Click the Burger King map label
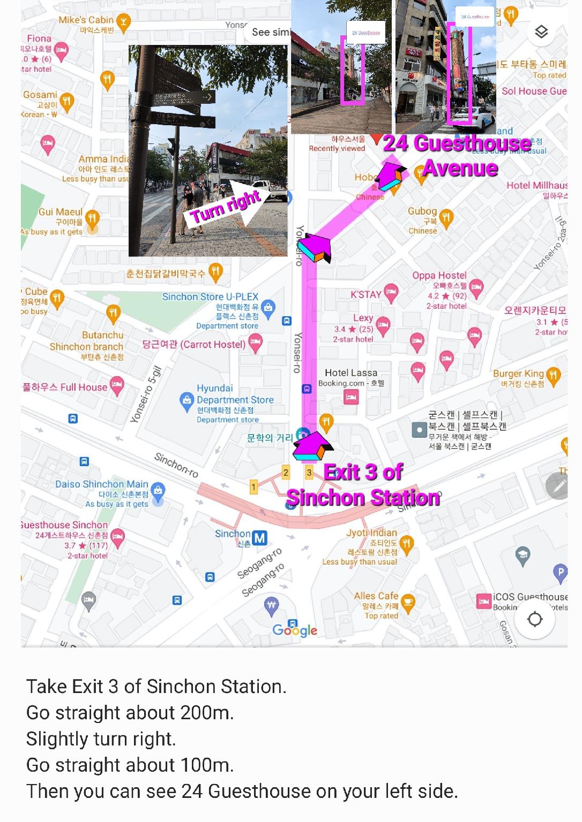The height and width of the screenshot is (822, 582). [x=518, y=374]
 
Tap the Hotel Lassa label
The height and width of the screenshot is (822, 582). [x=351, y=372]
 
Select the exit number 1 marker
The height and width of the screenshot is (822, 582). [x=253, y=486]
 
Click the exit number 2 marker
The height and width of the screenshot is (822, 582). [x=286, y=472]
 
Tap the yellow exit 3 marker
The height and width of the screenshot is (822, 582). [x=309, y=472]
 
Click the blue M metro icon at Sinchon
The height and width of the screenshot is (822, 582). [x=260, y=537]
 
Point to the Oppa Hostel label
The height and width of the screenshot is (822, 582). [x=439, y=275]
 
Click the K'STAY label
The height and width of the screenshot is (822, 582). [x=366, y=294]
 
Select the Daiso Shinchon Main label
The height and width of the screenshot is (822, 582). [x=101, y=484]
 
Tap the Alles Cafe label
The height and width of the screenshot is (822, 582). [x=376, y=596]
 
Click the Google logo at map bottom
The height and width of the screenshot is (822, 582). [x=294, y=630]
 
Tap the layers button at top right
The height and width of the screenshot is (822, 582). [x=541, y=32]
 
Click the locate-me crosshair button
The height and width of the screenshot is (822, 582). [x=535, y=619]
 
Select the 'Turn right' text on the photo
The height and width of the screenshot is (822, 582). [x=225, y=206]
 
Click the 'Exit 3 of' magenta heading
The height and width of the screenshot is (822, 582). [x=363, y=472]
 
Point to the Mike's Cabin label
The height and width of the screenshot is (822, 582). [x=86, y=20]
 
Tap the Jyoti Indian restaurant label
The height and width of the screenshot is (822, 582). [x=371, y=532]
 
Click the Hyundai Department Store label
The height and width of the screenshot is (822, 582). [x=235, y=394]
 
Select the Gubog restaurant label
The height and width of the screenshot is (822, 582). [x=422, y=211]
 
